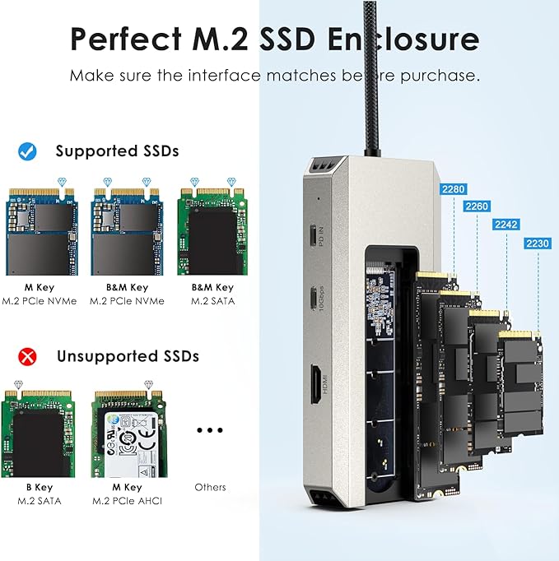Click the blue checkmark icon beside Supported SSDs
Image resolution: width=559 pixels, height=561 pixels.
click(x=26, y=151)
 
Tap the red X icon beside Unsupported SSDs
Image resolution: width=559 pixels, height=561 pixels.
click(x=26, y=356)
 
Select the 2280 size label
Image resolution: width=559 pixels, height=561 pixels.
click(x=453, y=189)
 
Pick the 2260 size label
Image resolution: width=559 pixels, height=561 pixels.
click(x=476, y=206)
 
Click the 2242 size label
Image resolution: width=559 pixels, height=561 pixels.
click(x=505, y=225)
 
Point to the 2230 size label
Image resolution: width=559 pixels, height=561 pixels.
click(x=535, y=243)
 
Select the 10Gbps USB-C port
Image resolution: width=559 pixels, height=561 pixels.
click(x=313, y=297)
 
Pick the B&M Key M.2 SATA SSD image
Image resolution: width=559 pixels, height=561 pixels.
click(x=212, y=232)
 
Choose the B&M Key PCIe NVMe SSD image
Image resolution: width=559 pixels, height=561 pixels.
click(x=125, y=232)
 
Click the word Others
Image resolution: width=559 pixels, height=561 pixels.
click(x=210, y=487)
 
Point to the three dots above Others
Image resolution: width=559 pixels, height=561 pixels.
click(x=210, y=430)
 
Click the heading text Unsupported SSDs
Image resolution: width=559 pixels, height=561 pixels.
click(x=128, y=356)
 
